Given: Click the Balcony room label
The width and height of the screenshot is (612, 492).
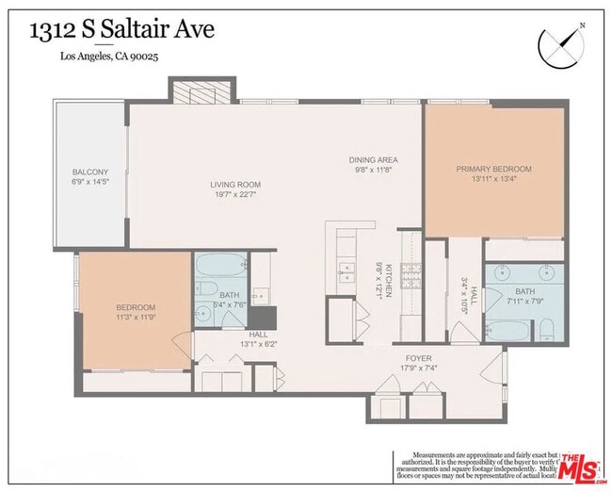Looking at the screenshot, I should (91, 172).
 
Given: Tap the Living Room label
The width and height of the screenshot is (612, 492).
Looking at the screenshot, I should (235, 185).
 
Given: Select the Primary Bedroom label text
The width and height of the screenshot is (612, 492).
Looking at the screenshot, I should (493, 170).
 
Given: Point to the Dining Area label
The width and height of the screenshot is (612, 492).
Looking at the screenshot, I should (375, 160).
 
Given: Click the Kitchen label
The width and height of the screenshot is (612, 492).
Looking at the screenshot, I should (387, 280).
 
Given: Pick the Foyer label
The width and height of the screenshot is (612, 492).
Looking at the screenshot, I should (418, 359).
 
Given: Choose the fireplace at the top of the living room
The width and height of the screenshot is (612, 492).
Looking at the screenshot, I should (198, 92).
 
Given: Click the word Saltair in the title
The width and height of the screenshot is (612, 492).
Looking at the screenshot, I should (151, 29).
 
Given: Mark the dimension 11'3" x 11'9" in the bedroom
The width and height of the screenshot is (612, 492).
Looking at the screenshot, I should (136, 318).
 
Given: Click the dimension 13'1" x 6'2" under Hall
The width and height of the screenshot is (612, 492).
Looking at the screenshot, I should (259, 344).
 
